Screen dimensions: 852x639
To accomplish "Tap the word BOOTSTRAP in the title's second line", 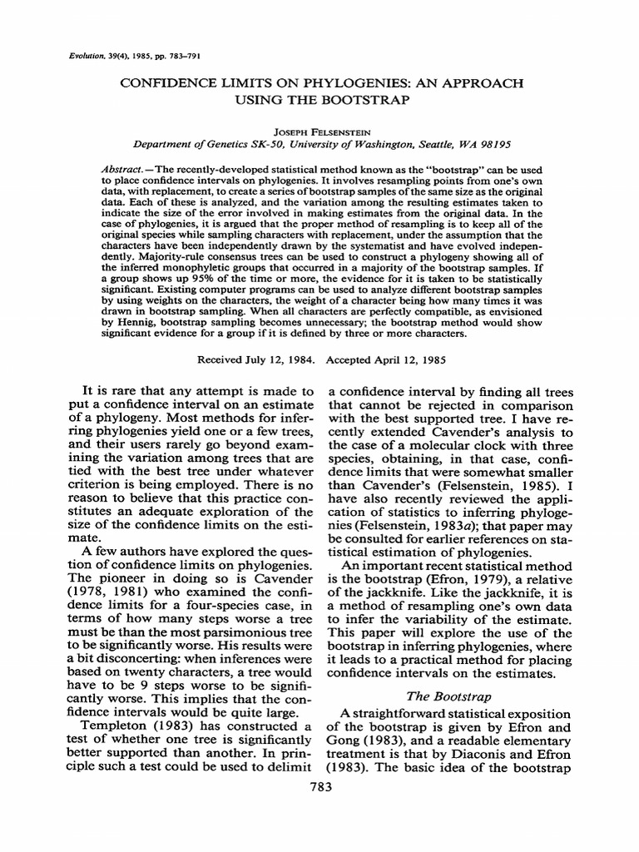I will (361, 101).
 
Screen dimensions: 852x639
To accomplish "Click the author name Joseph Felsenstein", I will (319, 131).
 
